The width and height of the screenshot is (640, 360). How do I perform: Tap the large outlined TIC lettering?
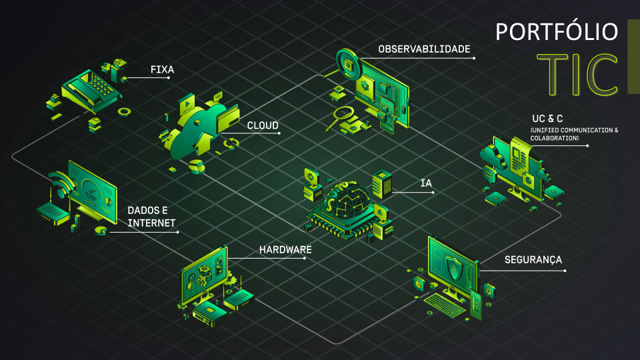pos(577,75)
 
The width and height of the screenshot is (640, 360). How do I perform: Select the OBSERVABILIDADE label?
pos(424,49)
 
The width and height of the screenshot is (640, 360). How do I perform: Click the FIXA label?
pos(162,69)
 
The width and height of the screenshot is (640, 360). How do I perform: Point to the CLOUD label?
pos(263,125)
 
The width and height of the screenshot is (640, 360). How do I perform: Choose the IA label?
pos(426,183)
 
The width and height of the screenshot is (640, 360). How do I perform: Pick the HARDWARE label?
pos(285,249)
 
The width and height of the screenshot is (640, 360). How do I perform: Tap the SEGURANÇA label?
pos(533,260)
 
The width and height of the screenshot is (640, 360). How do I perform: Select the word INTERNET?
pos(151,223)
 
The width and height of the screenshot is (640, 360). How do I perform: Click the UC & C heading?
pos(547,119)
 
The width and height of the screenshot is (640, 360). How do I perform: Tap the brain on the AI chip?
pos(347,198)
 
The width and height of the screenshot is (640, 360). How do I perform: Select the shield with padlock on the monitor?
pos(454,268)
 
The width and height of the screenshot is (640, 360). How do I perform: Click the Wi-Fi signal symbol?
pos(62,184)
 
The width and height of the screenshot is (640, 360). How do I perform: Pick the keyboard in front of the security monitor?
pos(445,305)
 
